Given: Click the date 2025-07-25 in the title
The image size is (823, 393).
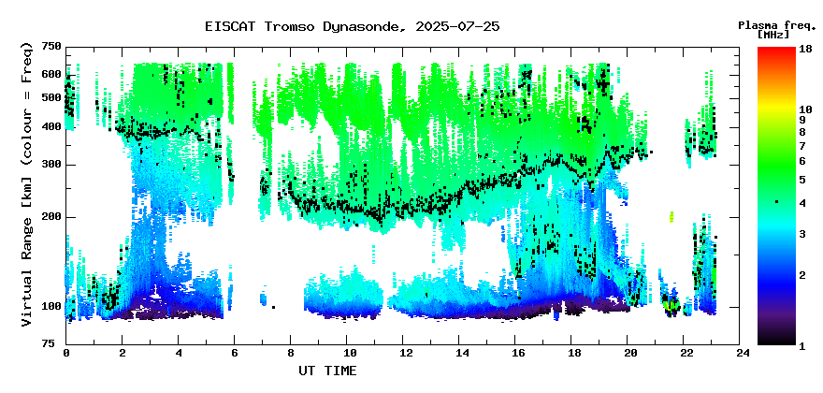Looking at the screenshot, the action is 457,26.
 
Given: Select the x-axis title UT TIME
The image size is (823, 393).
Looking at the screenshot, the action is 327,371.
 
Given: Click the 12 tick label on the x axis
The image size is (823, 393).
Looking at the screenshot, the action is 402,354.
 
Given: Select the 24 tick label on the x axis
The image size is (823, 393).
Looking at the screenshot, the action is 739,354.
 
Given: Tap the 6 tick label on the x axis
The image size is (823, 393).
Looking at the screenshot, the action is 234,354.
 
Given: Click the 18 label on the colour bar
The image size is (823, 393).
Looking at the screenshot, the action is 805,50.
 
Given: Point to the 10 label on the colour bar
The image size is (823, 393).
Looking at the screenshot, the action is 805,109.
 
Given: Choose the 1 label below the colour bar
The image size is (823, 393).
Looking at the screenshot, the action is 802,346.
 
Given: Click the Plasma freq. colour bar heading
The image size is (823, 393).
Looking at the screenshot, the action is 777,25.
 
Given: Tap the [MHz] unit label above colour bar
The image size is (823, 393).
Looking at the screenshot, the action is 773,35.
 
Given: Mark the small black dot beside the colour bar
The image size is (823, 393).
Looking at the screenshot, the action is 777,202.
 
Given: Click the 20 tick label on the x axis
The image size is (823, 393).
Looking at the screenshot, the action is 627,354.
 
